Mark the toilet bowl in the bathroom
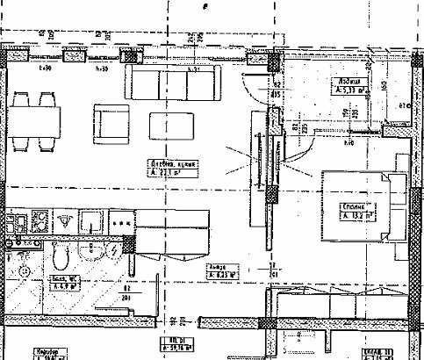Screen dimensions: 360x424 point(57,255)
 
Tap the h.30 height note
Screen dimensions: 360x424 point(45,67)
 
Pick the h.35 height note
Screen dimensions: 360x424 point(101,67)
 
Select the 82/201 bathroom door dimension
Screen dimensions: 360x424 point(126,292)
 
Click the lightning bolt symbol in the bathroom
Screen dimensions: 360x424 point(113,251)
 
